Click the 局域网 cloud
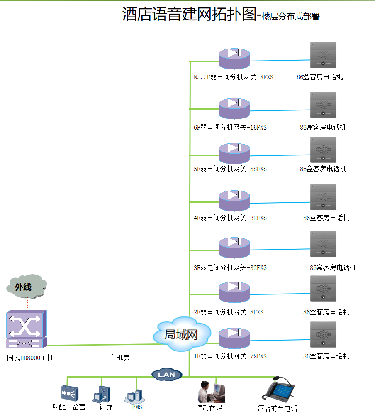pyautogui.click(x=181, y=334)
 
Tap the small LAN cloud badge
pyautogui.click(x=167, y=375)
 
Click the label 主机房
pyautogui.click(x=119, y=358)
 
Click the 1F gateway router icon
pyautogui.click(x=234, y=338)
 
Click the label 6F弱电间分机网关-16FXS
pyautogui.click(x=230, y=128)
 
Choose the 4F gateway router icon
pyautogui.click(x=234, y=201)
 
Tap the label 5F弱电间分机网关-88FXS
pyautogui.click(x=230, y=169)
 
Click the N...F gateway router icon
pyautogui.click(x=234, y=59)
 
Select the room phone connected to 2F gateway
pyautogui.click(x=323, y=289)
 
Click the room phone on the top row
pyautogui.click(x=323, y=55)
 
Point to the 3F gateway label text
pyautogui.click(x=230, y=268)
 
